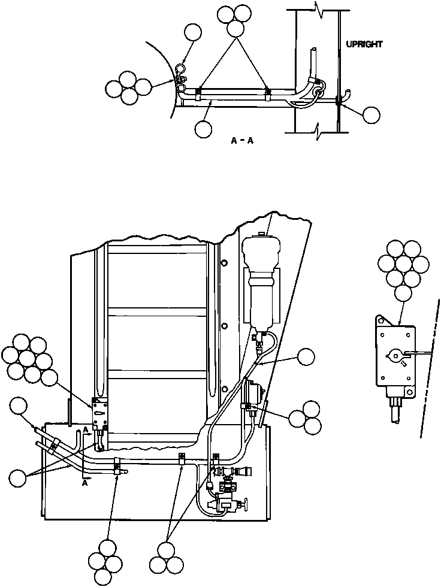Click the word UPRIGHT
(364, 44)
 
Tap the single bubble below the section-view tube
(204, 128)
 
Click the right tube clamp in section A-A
(268, 93)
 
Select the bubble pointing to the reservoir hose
(307, 358)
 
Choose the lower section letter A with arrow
(86, 483)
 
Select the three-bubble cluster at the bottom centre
(168, 557)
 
